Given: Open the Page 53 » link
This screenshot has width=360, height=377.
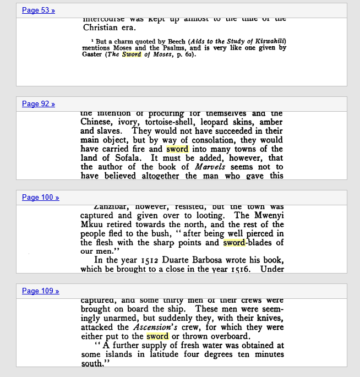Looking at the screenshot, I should [x=39, y=10].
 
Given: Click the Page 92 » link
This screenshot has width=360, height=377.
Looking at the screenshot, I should [x=39, y=104].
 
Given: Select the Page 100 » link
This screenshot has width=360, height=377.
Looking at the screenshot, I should [x=41, y=198].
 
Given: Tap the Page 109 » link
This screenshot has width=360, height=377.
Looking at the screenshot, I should [x=41, y=291].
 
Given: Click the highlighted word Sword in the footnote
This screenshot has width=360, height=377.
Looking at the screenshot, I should [x=132, y=54].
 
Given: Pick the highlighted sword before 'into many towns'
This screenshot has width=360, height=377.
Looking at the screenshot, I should [x=177, y=149].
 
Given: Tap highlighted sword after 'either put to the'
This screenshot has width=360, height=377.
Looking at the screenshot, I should [x=157, y=336].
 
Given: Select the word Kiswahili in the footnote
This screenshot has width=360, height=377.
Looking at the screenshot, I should [x=267, y=41].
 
